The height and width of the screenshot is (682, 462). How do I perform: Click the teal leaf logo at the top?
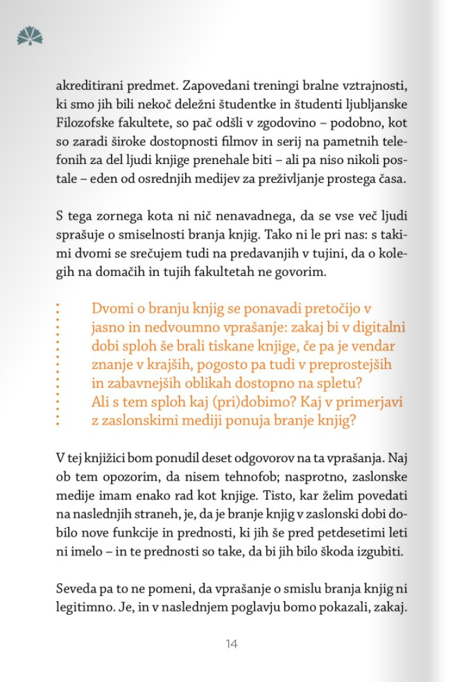pyautogui.click(x=30, y=35)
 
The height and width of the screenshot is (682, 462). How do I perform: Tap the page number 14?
pyautogui.click(x=232, y=644)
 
